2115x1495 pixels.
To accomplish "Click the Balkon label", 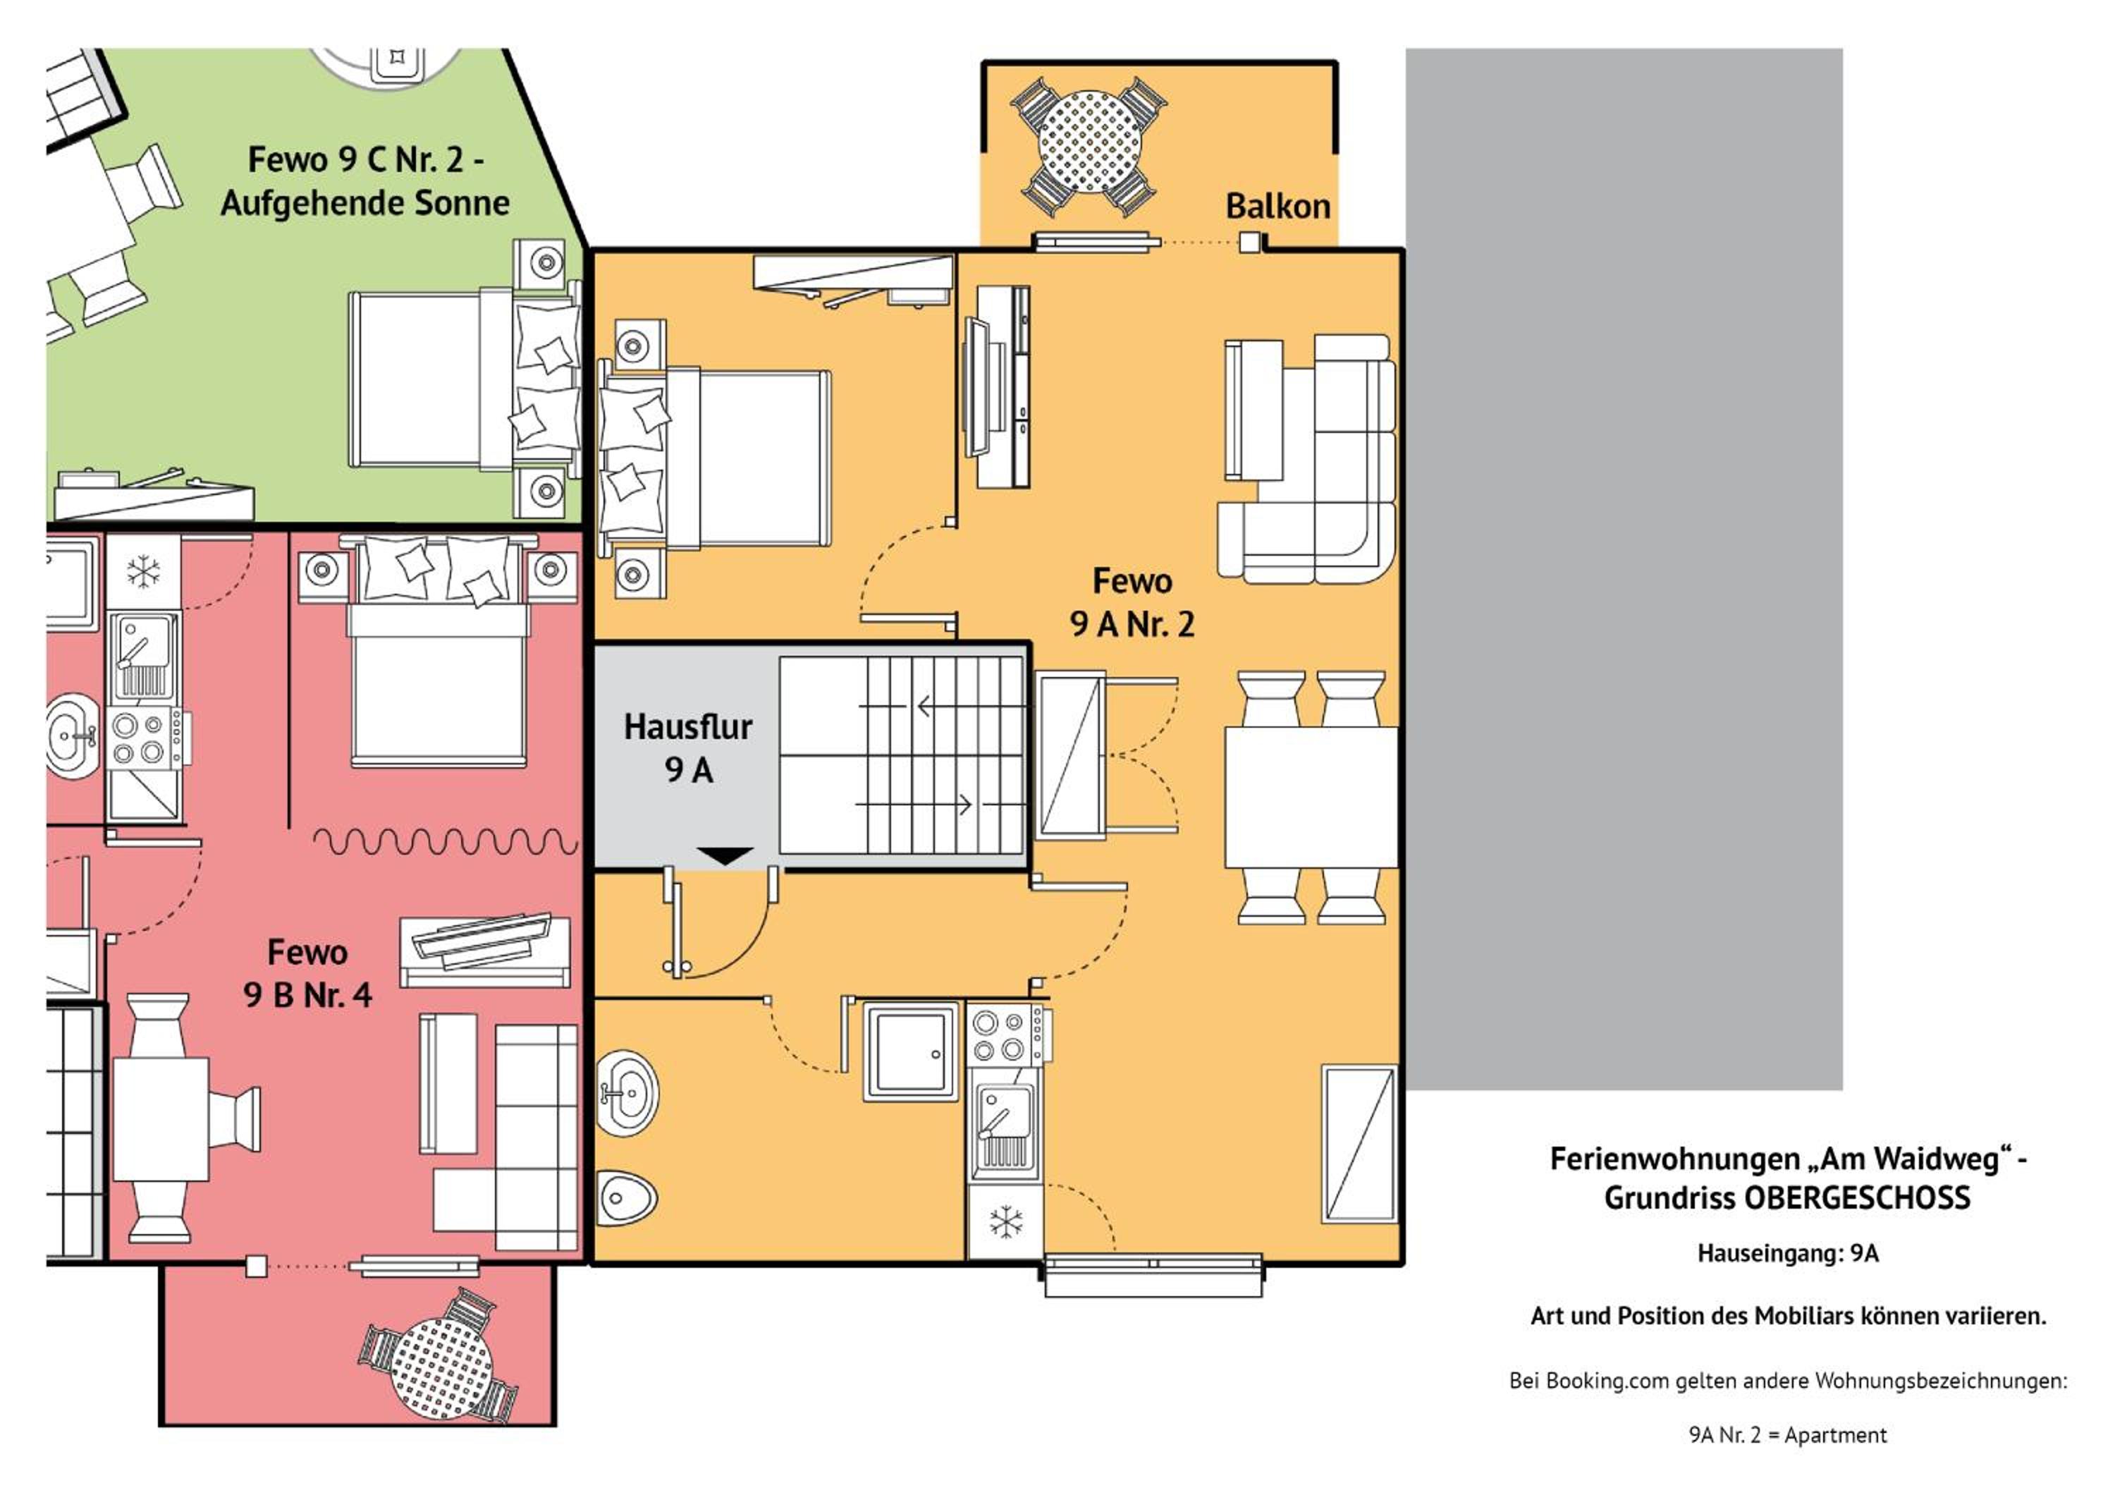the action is [x=1277, y=207].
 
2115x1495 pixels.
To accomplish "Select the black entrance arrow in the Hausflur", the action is [x=725, y=855].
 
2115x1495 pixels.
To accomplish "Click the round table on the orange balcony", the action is [x=1089, y=142].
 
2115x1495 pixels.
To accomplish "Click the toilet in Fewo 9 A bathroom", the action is [x=627, y=1198].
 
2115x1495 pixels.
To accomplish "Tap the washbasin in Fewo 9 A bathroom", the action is [x=627, y=1093].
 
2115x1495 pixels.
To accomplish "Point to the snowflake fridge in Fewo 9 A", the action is [x=1005, y=1222].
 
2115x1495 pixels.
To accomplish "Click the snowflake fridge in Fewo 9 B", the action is [x=143, y=571].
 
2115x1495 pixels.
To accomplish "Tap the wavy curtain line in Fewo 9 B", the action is [x=446, y=840].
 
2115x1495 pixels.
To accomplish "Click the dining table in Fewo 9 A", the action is [x=1311, y=798].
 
